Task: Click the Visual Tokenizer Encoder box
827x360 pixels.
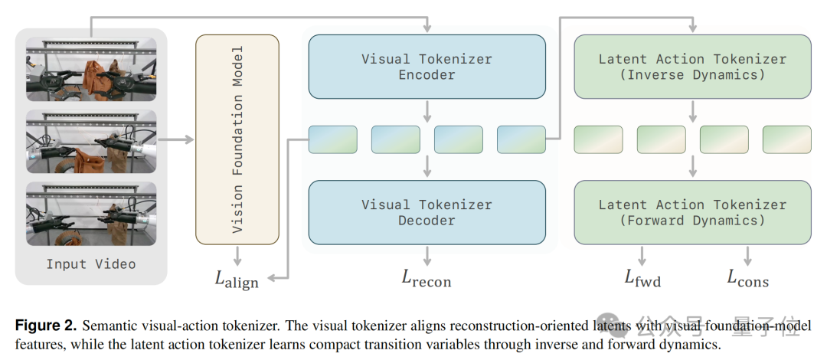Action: (427, 67)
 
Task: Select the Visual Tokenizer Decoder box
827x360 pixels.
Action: (427, 212)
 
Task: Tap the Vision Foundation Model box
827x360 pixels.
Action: (237, 139)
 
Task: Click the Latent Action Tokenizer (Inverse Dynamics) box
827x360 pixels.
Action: (692, 67)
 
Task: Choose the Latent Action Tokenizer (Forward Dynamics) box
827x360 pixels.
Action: (692, 212)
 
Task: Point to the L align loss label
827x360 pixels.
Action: (237, 279)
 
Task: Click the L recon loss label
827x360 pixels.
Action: (427, 278)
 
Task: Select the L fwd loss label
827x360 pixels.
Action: (642, 277)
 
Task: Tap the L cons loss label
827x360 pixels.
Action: (748, 277)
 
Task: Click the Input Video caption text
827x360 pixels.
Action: (90, 264)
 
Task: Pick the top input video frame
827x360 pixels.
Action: (91, 69)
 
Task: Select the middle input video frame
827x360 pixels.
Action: (91, 142)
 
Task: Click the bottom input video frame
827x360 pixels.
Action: (91, 214)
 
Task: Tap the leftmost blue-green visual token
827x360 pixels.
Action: (333, 139)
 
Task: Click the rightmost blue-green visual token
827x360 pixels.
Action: (521, 139)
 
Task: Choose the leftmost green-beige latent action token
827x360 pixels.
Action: (598, 139)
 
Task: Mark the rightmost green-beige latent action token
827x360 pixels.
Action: (787, 139)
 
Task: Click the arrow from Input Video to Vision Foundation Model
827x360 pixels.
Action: (176, 139)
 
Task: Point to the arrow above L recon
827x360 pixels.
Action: (427, 256)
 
